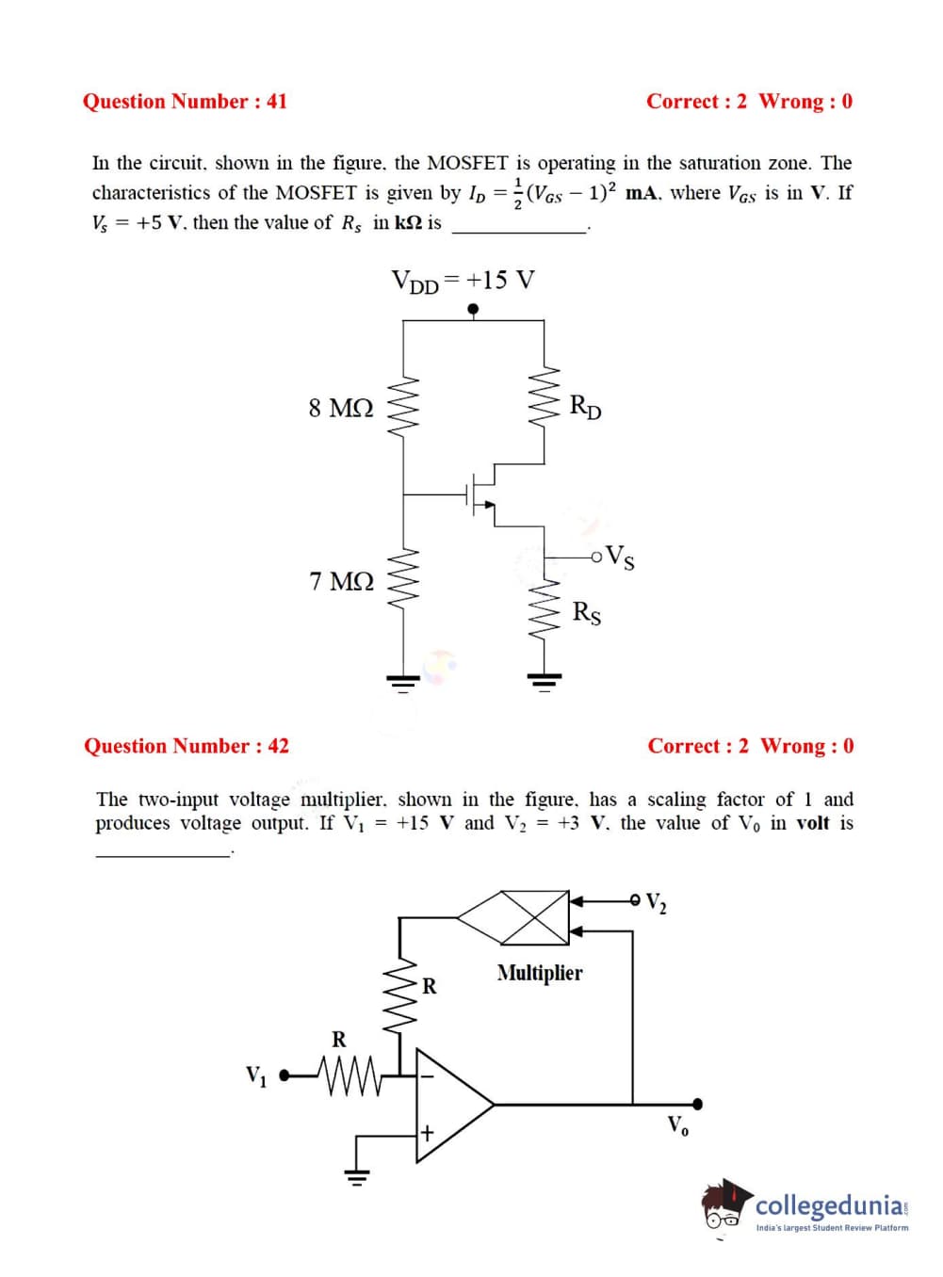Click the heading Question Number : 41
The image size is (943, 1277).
click(x=185, y=102)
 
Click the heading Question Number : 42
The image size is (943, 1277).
click(x=187, y=746)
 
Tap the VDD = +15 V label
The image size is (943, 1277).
click(x=463, y=281)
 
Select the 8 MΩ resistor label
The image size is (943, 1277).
click(x=341, y=408)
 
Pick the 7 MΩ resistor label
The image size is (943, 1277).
click(x=342, y=581)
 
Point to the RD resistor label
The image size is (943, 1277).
click(x=585, y=407)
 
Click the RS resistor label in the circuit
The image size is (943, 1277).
click(x=586, y=612)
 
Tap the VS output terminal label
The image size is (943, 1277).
click(x=620, y=557)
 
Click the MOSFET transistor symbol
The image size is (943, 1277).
click(x=481, y=493)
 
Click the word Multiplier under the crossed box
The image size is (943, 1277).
click(x=540, y=973)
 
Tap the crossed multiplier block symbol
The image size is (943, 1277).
click(x=534, y=915)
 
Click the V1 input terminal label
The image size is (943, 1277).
click(x=255, y=1075)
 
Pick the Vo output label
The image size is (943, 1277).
click(x=678, y=1124)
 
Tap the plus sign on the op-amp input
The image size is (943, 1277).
click(x=427, y=1132)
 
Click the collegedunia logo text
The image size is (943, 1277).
click(x=830, y=1205)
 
